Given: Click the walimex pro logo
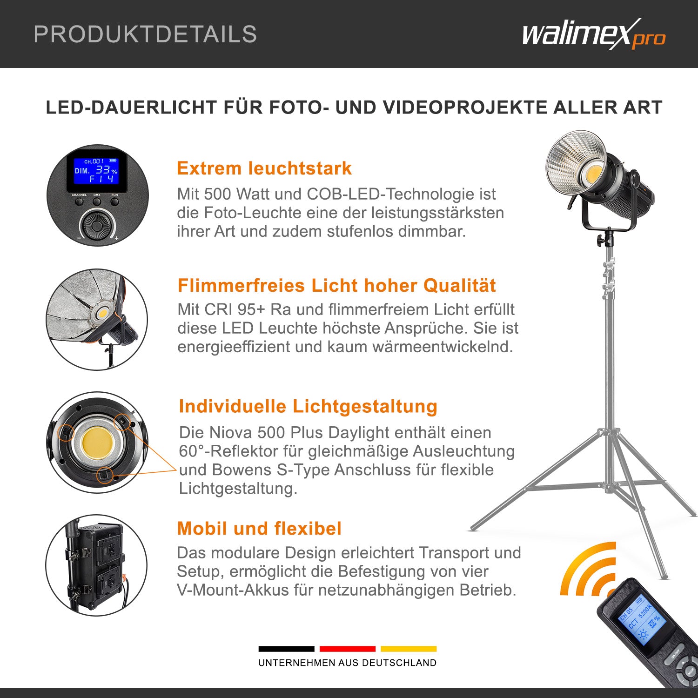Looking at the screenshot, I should (x=593, y=34).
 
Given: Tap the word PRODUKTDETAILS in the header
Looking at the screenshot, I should (x=145, y=34).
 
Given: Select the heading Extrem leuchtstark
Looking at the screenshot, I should (x=264, y=168).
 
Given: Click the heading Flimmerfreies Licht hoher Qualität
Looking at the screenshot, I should (x=336, y=285).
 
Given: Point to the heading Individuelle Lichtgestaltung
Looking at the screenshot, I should (x=308, y=406).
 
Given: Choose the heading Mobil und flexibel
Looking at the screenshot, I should (x=259, y=529).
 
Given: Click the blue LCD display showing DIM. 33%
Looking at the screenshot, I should (x=96, y=170).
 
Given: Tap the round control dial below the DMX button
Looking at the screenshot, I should (x=97, y=226).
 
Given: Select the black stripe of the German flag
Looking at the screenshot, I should (x=286, y=649).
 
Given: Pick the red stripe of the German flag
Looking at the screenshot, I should (x=347, y=649).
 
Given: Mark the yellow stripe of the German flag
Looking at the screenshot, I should (x=409, y=649).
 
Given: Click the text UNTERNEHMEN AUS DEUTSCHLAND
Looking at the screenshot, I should (x=347, y=663).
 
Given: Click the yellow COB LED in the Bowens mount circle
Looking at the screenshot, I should (x=97, y=442).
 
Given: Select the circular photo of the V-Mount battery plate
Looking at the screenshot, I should (x=96, y=565).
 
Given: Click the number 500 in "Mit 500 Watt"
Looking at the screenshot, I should (x=217, y=194).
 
